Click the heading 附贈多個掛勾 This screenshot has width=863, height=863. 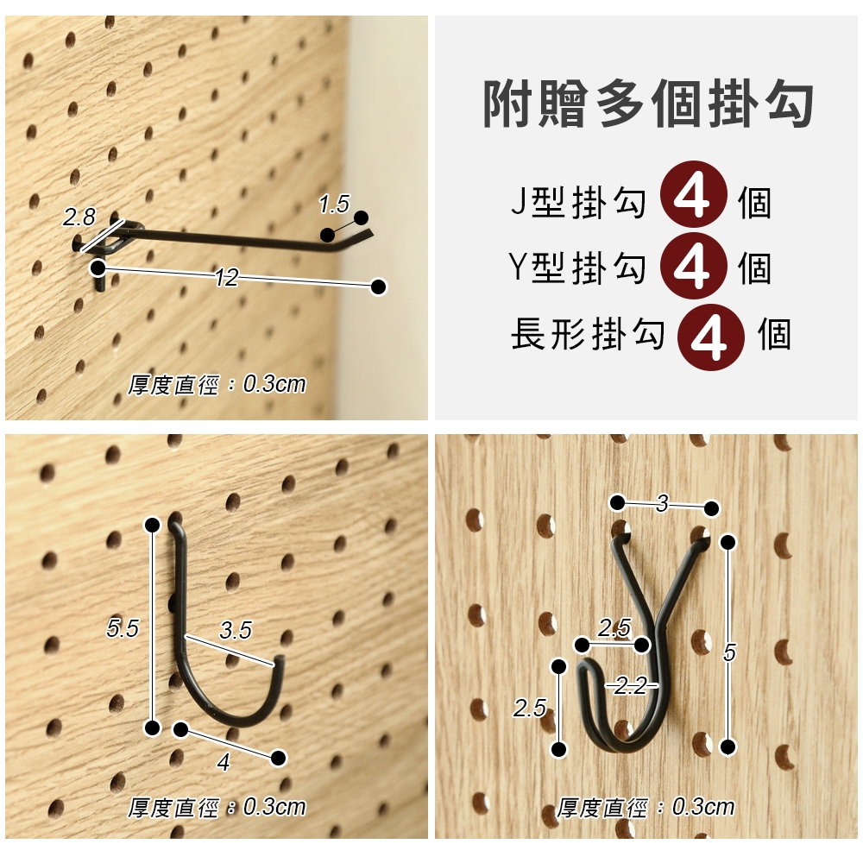click(648, 104)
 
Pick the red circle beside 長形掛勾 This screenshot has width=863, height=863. click(711, 337)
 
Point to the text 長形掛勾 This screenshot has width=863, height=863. click(588, 333)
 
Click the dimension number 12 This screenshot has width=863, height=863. click(226, 278)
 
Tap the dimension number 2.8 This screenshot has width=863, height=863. click(79, 217)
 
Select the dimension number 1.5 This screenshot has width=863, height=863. click(334, 205)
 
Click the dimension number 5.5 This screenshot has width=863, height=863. click(123, 628)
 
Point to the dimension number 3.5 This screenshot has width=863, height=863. click(236, 630)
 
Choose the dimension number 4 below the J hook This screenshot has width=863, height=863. click(223, 762)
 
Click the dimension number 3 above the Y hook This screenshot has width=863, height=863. click(663, 503)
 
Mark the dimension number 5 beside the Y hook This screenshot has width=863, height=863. click(729, 652)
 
